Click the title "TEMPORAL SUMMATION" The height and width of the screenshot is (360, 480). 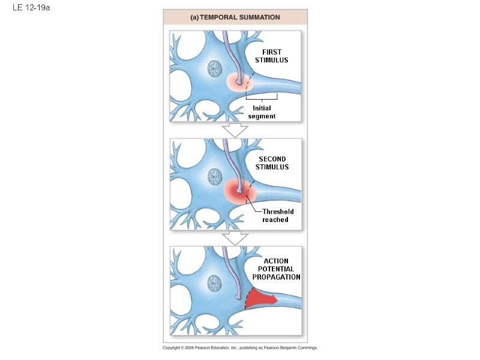[x=239, y=17]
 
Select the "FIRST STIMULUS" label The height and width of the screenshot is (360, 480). [x=271, y=56]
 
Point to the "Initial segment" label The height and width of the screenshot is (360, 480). [x=262, y=112]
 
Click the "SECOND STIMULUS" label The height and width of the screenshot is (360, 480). [x=272, y=163]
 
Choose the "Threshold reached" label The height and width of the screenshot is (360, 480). [x=275, y=215]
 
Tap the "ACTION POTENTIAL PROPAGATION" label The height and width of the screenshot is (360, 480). [x=276, y=269]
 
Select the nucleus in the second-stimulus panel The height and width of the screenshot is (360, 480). [x=214, y=176]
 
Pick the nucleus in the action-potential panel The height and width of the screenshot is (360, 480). [x=214, y=283]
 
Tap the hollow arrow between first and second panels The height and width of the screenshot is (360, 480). [x=235, y=130]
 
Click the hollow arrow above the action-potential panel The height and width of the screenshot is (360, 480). [x=235, y=238]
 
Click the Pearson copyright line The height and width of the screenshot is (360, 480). [x=240, y=347]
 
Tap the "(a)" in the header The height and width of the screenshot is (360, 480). [x=194, y=17]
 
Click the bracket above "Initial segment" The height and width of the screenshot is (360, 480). [x=262, y=98]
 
